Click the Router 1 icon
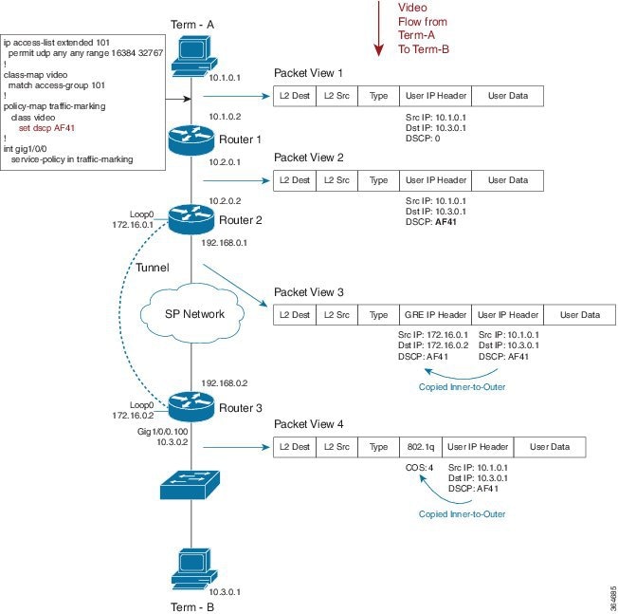191,140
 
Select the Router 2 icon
191,219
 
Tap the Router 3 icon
191,407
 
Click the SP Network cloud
192,314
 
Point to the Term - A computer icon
194,56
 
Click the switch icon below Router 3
190,485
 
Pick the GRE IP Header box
435,315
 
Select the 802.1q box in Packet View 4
421,447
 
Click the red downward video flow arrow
379,28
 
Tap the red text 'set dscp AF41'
46,128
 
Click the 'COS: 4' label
419,468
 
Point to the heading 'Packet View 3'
309,292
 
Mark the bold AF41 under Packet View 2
445,222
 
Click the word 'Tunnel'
153,268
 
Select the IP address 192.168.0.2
225,383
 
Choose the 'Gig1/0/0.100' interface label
162,431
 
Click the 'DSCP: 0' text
423,139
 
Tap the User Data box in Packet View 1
507,96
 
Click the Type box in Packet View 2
378,180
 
